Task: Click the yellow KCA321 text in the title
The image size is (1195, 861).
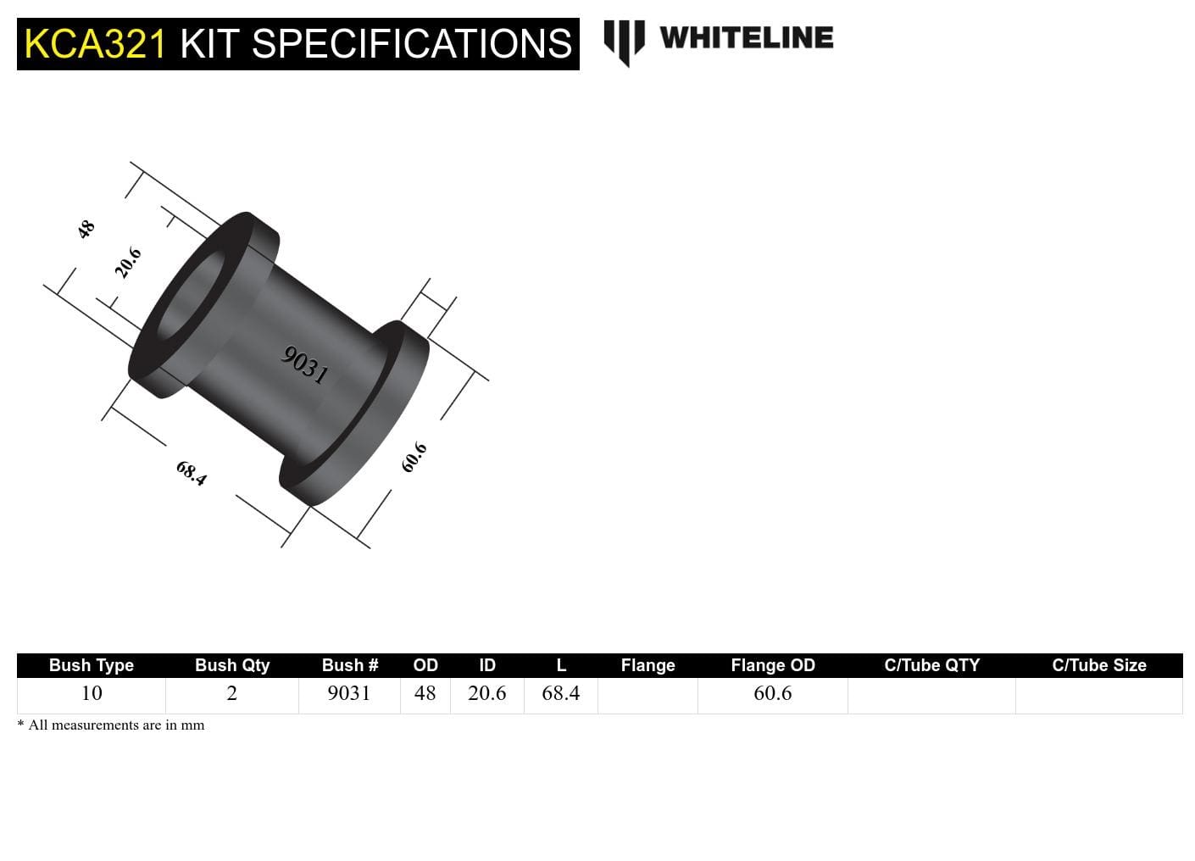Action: point(95,44)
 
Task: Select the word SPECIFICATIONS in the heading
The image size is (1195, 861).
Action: point(413,44)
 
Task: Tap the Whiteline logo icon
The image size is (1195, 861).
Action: point(624,42)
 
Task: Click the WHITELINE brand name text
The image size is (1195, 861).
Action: point(746,37)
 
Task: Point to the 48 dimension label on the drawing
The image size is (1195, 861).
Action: point(86,229)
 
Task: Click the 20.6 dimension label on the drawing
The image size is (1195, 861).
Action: point(128,263)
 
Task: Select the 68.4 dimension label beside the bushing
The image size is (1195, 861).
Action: point(192,473)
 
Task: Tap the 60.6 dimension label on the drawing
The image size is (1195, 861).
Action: point(414,458)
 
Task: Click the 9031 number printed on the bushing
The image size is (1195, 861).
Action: point(304,365)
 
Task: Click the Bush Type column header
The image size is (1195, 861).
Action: point(92,665)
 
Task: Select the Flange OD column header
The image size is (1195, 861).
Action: point(772,665)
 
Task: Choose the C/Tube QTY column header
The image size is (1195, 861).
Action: point(931,665)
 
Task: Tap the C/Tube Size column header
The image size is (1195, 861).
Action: point(1098,665)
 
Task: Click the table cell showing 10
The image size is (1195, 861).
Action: point(92,693)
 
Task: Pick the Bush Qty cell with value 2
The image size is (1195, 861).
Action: point(231,693)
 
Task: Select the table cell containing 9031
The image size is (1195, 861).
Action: point(349,693)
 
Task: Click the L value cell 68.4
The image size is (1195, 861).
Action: point(560,693)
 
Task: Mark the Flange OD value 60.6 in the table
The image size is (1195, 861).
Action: point(772,693)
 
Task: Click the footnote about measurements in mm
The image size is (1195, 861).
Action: point(111,725)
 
